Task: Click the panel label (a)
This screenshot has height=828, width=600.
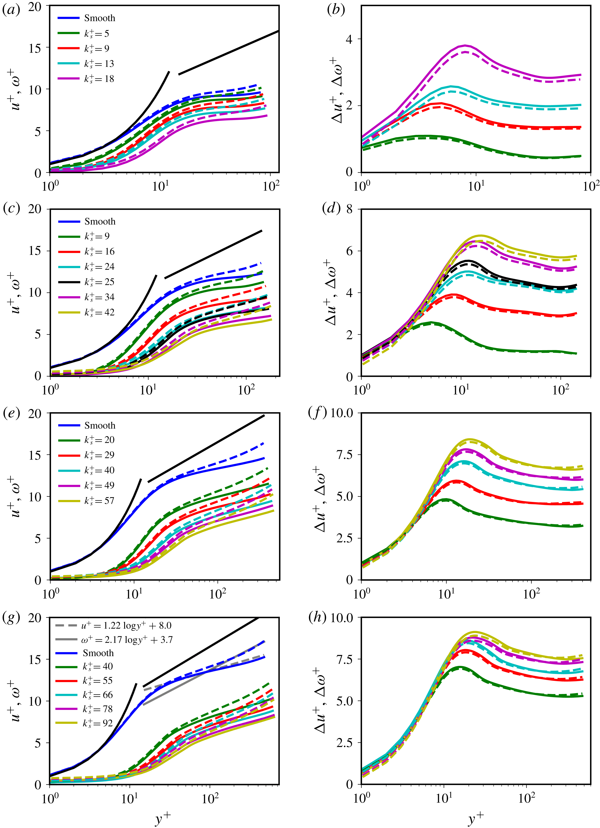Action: click(11, 10)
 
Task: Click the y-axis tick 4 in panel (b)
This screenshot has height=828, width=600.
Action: click(349, 39)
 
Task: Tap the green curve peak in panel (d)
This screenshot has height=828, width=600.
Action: click(431, 322)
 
